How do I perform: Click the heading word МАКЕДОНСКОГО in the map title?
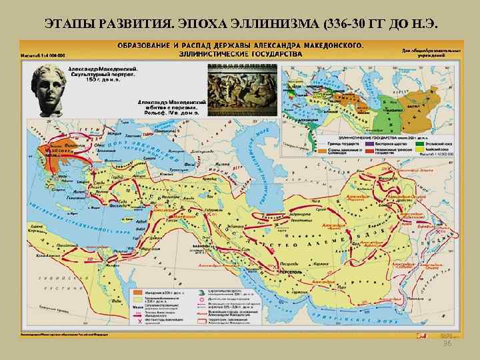(x=324, y=45)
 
